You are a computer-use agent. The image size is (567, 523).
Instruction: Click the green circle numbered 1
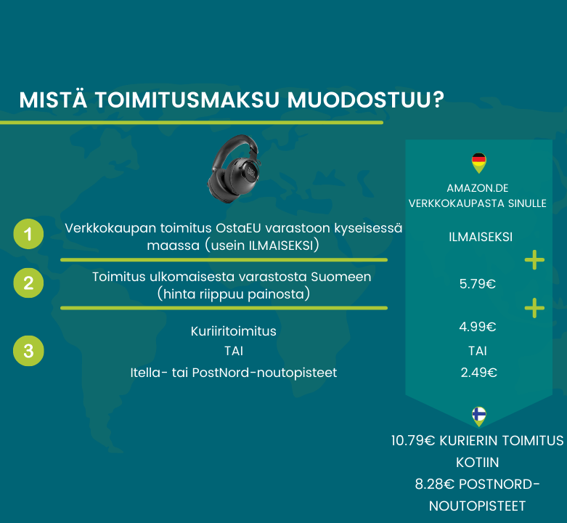coord(28,234)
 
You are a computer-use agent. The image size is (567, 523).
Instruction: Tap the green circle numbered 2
coord(28,283)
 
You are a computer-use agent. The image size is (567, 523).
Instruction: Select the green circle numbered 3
coord(28,351)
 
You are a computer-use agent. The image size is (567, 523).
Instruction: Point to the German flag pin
coord(478,163)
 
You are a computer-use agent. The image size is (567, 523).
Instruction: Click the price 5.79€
coord(477,284)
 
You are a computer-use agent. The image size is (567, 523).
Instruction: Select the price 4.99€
coord(477,327)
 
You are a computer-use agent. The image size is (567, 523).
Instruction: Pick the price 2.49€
coord(478,373)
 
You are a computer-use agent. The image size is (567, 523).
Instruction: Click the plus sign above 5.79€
coord(534,260)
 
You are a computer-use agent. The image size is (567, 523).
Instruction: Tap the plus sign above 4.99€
coord(534,308)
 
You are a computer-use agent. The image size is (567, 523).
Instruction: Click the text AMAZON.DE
coord(477,188)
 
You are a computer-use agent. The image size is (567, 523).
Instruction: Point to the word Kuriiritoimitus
coord(234,331)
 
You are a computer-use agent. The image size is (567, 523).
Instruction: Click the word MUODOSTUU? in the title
coord(366,100)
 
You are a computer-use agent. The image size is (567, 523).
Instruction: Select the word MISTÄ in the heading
coord(53,99)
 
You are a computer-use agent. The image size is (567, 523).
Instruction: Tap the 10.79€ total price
coord(413,440)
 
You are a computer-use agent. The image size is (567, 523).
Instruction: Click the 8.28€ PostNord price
coord(434,485)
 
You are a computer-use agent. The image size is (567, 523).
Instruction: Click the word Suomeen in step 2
coord(341,277)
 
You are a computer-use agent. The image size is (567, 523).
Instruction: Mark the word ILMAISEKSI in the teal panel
coord(481,237)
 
